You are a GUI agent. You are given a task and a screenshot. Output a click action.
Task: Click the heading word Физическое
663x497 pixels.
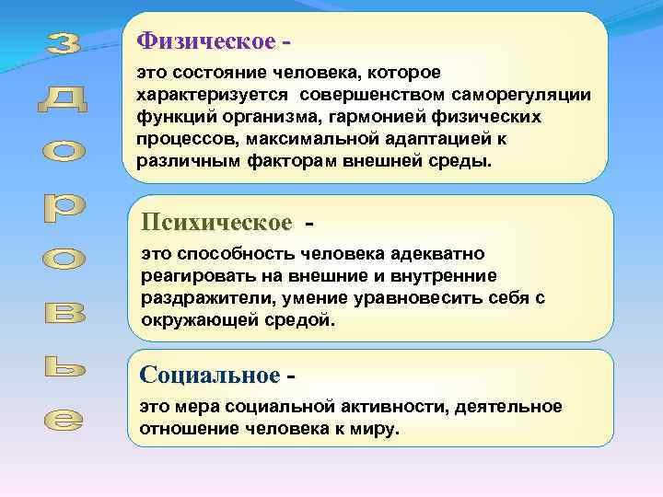click(205, 42)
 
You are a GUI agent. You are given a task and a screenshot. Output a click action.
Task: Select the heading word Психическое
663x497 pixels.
click(216, 224)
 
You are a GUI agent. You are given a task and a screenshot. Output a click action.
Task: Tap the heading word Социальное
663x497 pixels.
click(209, 376)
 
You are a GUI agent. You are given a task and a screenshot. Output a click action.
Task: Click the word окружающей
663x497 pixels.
click(202, 321)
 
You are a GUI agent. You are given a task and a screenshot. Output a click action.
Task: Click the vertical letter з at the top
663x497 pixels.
click(64, 42)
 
